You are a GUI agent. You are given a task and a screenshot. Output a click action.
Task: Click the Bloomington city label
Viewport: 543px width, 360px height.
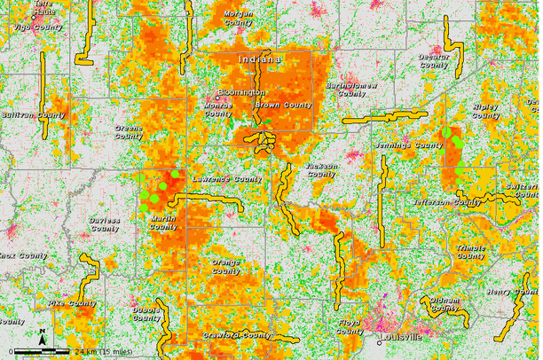(x=241, y=92)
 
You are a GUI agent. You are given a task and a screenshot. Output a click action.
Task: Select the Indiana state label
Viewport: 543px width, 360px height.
(x=259, y=59)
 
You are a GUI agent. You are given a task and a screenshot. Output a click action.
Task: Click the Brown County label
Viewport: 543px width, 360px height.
(x=283, y=106)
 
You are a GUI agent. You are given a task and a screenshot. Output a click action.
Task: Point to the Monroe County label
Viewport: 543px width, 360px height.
(x=218, y=109)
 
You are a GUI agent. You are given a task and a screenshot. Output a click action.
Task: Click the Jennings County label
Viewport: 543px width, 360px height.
(x=416, y=145)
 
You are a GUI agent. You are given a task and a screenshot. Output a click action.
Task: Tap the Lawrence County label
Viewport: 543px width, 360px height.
(x=227, y=178)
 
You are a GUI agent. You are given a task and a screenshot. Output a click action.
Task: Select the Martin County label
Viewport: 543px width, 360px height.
(x=163, y=223)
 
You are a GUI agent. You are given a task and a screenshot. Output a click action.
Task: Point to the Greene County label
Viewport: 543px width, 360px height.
(x=129, y=132)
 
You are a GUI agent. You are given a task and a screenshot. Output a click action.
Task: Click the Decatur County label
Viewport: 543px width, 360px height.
(x=434, y=60)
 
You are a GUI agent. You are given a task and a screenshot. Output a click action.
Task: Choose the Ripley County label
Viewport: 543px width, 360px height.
(x=486, y=111)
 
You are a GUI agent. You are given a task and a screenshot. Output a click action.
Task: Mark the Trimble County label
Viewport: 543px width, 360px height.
(x=470, y=252)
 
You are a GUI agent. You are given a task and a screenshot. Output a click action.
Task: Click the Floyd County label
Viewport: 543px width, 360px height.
(x=349, y=326)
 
